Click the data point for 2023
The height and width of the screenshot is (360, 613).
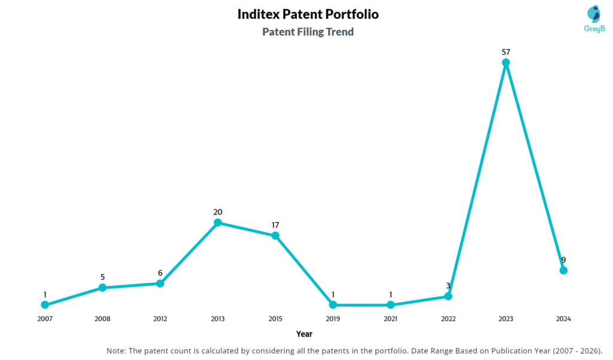coord(506,62)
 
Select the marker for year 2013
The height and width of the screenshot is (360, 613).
coord(218,223)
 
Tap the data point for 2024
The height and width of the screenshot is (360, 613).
coord(563,270)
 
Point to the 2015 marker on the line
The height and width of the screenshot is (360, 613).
coord(275,235)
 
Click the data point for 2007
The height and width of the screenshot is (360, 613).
coord(45,305)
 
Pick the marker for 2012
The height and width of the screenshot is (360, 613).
coord(160,283)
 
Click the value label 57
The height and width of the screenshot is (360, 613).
coord(506,52)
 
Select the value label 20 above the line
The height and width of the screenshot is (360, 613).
coord(218,212)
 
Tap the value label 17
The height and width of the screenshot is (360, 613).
coord(275,225)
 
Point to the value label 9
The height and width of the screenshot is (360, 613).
coord(563,260)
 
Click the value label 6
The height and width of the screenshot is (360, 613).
coord(160,273)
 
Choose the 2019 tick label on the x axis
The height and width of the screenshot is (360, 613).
coord(333,319)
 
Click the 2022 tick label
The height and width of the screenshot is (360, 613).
coord(448,319)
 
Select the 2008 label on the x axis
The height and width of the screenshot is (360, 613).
coord(102,319)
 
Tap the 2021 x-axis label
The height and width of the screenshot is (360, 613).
coord(390,319)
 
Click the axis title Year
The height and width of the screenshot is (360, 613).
coord(304,334)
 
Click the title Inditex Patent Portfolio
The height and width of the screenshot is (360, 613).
coord(308,14)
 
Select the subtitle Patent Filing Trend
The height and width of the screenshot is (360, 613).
coord(308,32)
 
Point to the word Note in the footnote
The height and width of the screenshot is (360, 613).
coord(117,350)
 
